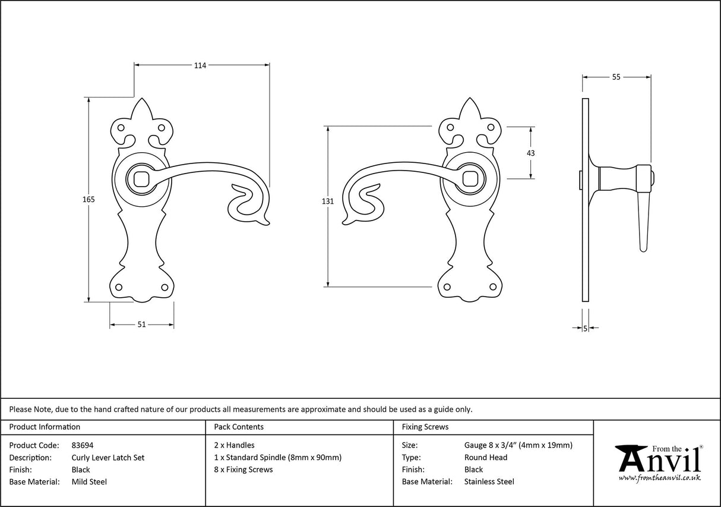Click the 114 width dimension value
coord(200,66)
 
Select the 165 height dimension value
coord(88,200)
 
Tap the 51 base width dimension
coord(142,325)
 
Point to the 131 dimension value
coord(328,201)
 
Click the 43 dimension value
coord(530,153)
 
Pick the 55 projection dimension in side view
coord(616,77)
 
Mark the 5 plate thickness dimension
coord(586,328)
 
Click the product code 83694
coord(83,445)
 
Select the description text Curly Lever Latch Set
coord(108,458)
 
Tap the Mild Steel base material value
coord(89,482)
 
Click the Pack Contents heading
coord(239,427)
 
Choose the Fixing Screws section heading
coord(425,427)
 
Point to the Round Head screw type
coord(486,458)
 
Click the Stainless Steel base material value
coord(489,482)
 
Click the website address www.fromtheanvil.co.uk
coord(660,477)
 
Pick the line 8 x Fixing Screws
coord(244,470)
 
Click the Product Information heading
coord(45,427)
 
